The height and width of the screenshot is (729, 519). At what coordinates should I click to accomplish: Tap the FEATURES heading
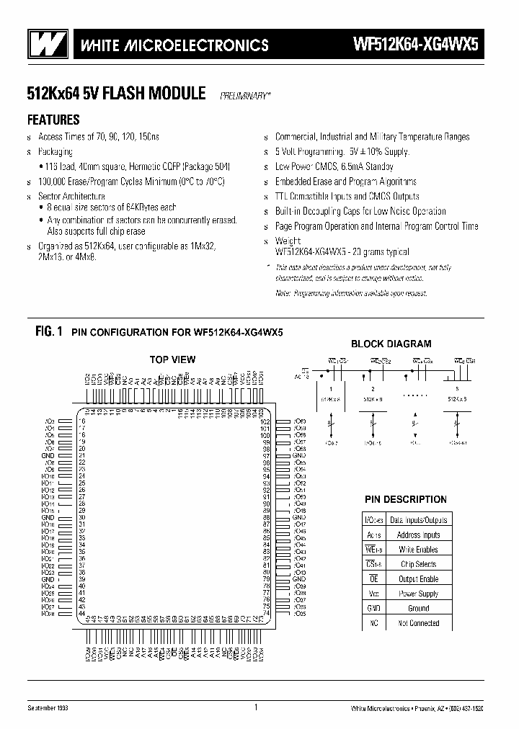point(53,120)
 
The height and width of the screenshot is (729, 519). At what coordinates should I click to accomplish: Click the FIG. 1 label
point(48,331)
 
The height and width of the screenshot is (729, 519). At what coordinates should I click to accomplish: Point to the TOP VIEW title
point(172,359)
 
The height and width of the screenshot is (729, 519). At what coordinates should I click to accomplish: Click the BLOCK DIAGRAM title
point(391,344)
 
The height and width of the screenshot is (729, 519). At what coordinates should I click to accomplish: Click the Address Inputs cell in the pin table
point(418,535)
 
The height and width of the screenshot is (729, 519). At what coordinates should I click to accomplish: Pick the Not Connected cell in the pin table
point(418,623)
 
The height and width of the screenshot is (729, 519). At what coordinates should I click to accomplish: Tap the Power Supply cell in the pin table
point(418,594)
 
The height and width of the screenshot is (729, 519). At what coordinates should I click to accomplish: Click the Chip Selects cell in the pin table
point(418,564)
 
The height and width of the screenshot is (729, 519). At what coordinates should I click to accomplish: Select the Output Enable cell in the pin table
point(418,579)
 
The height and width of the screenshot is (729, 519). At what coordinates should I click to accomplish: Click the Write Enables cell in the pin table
point(418,550)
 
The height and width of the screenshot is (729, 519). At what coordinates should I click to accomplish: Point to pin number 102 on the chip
point(265,421)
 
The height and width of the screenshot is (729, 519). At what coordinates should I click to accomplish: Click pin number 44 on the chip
point(81,614)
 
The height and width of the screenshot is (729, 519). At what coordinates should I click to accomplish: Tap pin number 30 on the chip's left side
point(81,518)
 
